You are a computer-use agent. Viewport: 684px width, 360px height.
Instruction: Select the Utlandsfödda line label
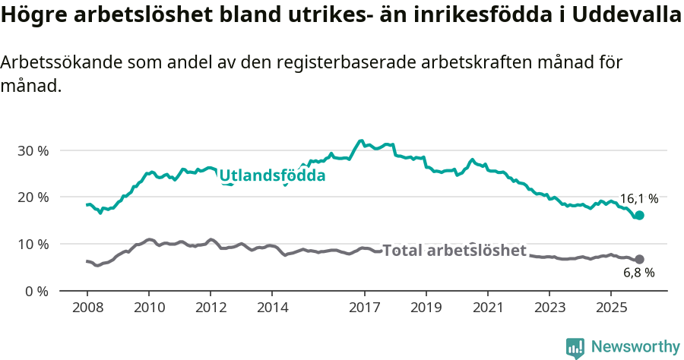[x=272, y=176]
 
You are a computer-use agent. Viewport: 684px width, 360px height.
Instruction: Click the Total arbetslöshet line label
[x=454, y=251]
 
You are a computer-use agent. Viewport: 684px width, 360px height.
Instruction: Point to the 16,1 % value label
[x=638, y=199]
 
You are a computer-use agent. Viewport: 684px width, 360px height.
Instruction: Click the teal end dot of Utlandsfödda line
[x=639, y=216]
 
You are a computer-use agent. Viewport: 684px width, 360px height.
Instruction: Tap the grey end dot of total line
[x=639, y=259]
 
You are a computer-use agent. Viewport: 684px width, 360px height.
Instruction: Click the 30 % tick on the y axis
[x=33, y=150]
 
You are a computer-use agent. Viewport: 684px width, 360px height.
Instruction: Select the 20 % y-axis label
[x=33, y=197]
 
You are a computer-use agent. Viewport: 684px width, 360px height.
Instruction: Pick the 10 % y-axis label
[x=33, y=244]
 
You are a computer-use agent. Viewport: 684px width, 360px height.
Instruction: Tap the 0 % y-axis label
[x=36, y=291]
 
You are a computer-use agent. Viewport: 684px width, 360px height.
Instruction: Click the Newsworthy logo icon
[x=575, y=347]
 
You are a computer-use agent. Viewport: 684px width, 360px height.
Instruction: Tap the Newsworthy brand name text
[x=635, y=347]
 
